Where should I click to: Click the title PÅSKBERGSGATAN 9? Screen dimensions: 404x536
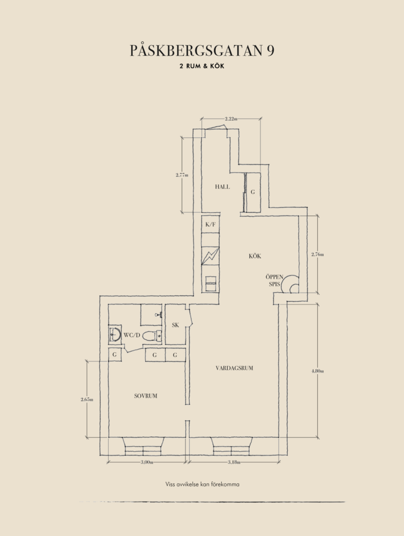pyautogui.click(x=202, y=50)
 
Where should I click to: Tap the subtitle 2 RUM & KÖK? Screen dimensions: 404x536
pyautogui.click(x=202, y=66)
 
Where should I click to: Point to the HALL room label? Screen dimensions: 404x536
pyautogui.click(x=222, y=187)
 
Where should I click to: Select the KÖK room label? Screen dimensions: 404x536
pyautogui.click(x=255, y=256)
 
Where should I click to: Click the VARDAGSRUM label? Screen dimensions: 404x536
pyautogui.click(x=235, y=368)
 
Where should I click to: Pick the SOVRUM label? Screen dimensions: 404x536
pyautogui.click(x=146, y=396)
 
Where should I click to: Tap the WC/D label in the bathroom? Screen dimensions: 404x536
pyautogui.click(x=132, y=335)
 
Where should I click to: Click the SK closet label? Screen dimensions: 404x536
pyautogui.click(x=175, y=325)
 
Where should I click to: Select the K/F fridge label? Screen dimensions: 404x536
pyautogui.click(x=211, y=225)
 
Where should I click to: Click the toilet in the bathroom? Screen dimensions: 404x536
pyautogui.click(x=152, y=336)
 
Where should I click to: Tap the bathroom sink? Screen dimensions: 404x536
pyautogui.click(x=115, y=334)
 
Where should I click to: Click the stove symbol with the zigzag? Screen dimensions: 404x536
pyautogui.click(x=210, y=256)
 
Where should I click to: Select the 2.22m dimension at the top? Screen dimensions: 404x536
pyautogui.click(x=231, y=118)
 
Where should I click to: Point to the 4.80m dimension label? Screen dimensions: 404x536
pyautogui.click(x=318, y=371)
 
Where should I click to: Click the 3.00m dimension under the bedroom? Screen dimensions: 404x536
pyautogui.click(x=147, y=463)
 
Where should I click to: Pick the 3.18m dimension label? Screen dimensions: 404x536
pyautogui.click(x=234, y=463)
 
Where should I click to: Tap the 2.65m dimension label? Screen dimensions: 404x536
pyautogui.click(x=87, y=399)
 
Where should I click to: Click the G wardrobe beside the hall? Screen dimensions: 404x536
pyautogui.click(x=253, y=192)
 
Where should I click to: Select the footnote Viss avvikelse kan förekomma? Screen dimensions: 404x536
pyautogui.click(x=203, y=484)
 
